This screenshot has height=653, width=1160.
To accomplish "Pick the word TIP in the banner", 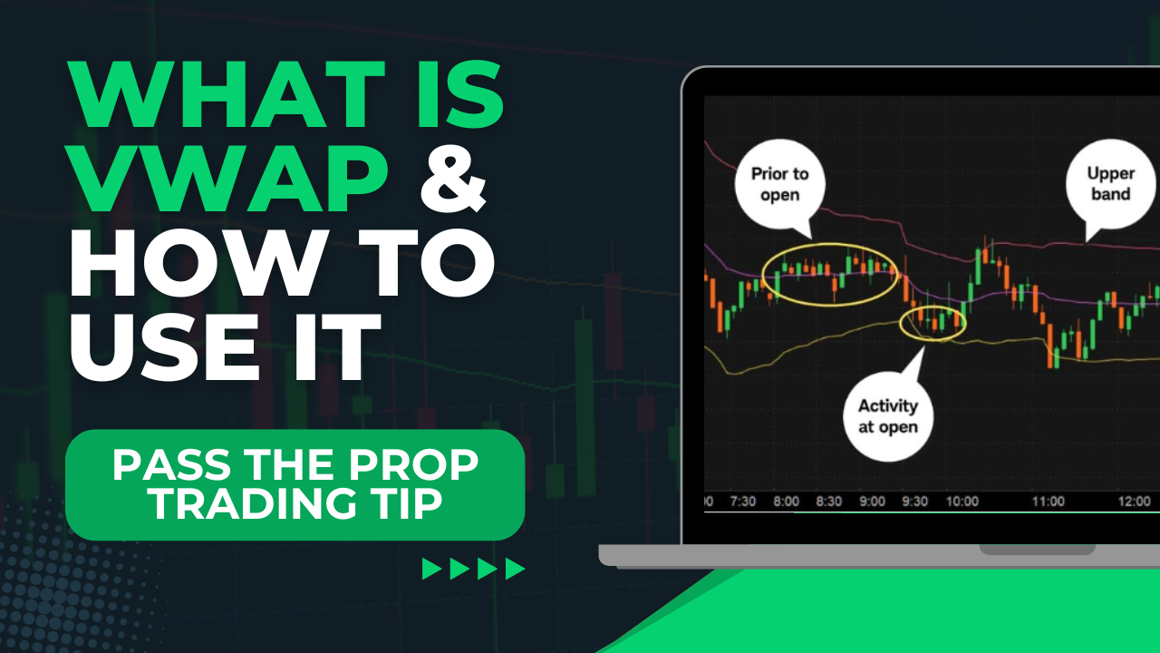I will [x=403, y=504].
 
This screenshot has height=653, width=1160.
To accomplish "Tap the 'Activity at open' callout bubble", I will [x=888, y=415].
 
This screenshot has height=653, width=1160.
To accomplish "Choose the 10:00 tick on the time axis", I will [x=962, y=502].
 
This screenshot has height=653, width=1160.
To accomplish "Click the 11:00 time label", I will [x=1049, y=502].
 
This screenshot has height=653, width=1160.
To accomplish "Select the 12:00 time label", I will [x=1133, y=502].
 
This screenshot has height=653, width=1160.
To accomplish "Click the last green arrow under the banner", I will [x=515, y=569].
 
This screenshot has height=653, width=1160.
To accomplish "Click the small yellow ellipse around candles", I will [x=933, y=322].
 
